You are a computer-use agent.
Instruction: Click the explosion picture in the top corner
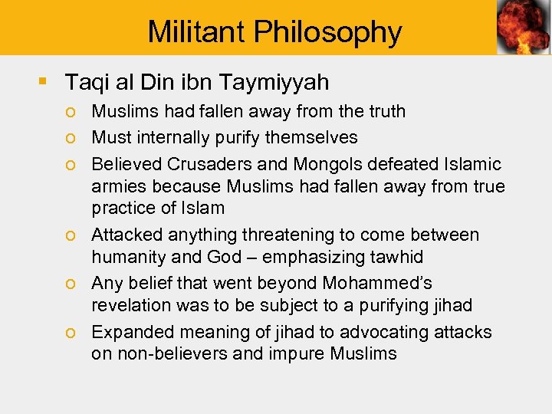(523, 27)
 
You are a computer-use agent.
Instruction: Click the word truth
(383, 112)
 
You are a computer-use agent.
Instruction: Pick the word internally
(175, 138)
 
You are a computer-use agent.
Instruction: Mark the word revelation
(128, 305)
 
